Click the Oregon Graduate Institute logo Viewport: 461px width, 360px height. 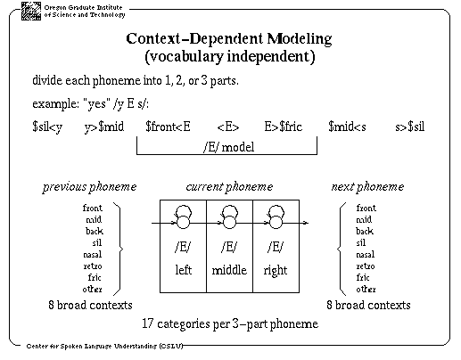point(31,11)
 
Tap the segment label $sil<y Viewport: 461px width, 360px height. point(47,127)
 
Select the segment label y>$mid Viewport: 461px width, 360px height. point(104,127)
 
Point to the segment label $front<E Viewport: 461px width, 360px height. point(168,127)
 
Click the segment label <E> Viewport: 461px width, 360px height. point(228,127)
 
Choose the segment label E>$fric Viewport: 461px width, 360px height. point(283,127)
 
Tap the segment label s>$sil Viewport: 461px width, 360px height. point(409,127)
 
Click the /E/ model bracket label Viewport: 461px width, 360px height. point(229,147)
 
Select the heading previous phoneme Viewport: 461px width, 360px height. point(89,187)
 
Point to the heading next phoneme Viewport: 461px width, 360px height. point(367,187)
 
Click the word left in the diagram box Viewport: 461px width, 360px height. point(183,270)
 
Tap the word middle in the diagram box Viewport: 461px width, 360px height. point(229,270)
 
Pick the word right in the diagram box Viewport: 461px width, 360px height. point(276,271)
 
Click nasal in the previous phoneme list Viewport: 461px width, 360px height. point(93,255)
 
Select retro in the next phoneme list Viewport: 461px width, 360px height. point(366,266)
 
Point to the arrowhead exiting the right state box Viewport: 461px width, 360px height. point(307,223)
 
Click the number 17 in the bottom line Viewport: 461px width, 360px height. point(147,323)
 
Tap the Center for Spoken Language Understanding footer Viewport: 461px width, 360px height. point(104,346)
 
